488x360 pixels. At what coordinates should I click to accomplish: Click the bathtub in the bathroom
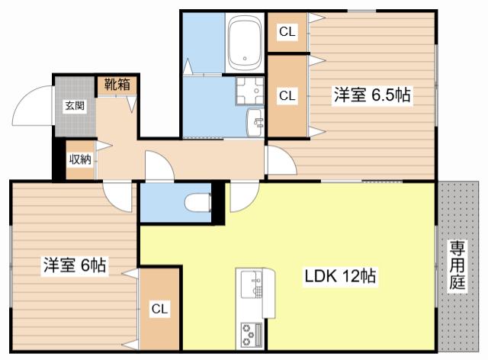[x=245, y=43]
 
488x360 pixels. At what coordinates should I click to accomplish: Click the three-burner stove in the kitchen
[x=251, y=335]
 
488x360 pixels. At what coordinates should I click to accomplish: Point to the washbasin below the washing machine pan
[x=255, y=123]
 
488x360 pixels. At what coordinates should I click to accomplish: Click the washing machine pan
[x=249, y=91]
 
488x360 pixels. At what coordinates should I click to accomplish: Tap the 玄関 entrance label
[x=75, y=106]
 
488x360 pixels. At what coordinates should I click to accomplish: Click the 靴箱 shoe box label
[x=117, y=85]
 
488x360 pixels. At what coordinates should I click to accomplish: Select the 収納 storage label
[x=80, y=159]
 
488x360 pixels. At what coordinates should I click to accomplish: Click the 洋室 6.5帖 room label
[x=372, y=95]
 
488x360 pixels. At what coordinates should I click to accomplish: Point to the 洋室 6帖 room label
[x=75, y=265]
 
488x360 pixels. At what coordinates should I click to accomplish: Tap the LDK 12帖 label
[x=340, y=276]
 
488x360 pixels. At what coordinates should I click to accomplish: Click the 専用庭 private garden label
[x=457, y=265]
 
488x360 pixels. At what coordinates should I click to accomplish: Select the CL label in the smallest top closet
[x=287, y=31]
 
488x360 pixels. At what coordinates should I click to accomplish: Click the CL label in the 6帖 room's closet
[x=159, y=309]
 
